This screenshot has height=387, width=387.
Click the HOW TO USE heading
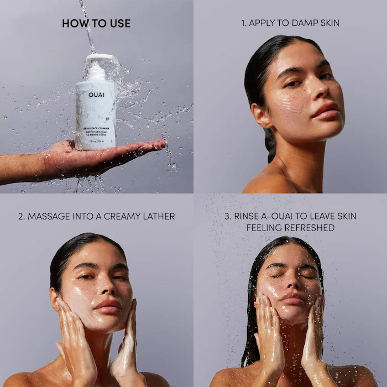(x=96, y=23)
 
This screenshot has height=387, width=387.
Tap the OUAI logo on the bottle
(x=95, y=95)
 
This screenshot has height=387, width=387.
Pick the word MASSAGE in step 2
(x=48, y=216)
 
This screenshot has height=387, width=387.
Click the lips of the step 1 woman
(x=325, y=109)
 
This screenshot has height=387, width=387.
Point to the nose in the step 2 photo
(x=103, y=289)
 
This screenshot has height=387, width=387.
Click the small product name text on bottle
(x=96, y=129)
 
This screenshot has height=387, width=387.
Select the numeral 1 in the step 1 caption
(x=243, y=23)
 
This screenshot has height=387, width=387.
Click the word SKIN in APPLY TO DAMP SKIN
(x=328, y=23)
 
